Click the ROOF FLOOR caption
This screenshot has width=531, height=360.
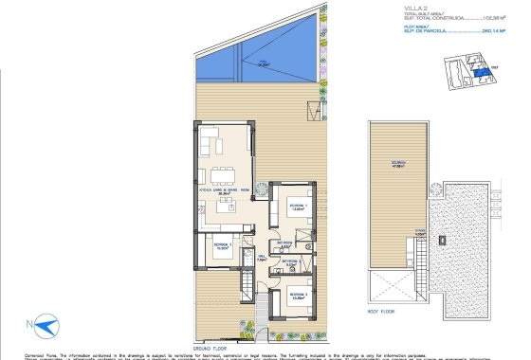click(381, 310)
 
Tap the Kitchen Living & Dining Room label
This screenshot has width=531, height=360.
click(225, 190)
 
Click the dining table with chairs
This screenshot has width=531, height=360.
click(225, 173)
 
